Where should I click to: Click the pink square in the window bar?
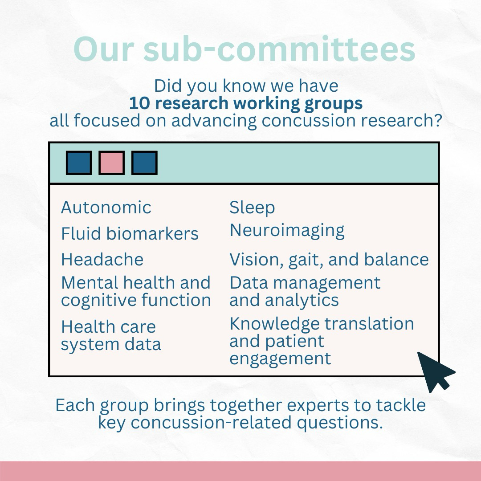coord(112,163)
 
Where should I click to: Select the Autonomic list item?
coord(106,208)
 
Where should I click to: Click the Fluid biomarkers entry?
coord(130,233)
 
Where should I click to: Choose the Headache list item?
coord(102,260)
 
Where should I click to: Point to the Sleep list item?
coord(252,208)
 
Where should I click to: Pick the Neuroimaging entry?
coord(287,231)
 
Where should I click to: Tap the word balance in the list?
coord(396,260)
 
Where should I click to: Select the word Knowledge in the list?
coord(274,324)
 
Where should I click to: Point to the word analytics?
coord(302,300)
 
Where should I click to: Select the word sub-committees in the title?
coord(279,49)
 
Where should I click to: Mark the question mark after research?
coord(438,120)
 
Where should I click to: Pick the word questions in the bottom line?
coord(340,423)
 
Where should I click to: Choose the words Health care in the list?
coord(108,327)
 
